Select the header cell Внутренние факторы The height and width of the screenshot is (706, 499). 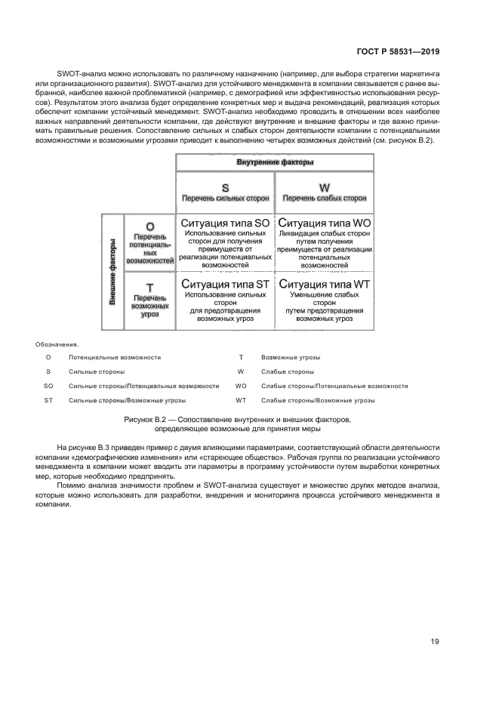coord(275,162)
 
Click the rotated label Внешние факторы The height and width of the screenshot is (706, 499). coord(112,271)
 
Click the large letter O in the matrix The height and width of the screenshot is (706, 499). coord(149,226)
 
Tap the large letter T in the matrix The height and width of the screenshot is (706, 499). coord(149,287)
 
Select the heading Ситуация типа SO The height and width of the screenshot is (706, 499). coord(225,224)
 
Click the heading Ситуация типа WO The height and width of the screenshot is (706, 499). coord(325,224)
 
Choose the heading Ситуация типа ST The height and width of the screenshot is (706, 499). coord(225,284)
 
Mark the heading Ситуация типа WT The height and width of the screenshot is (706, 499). coord(325,284)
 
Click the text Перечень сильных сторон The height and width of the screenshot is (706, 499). coord(225,199)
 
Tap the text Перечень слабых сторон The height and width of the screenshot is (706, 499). coord(325,199)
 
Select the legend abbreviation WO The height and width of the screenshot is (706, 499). coord(242,386)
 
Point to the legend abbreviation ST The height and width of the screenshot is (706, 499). coord(48,400)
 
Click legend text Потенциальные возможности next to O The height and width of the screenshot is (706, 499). coord(114,357)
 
